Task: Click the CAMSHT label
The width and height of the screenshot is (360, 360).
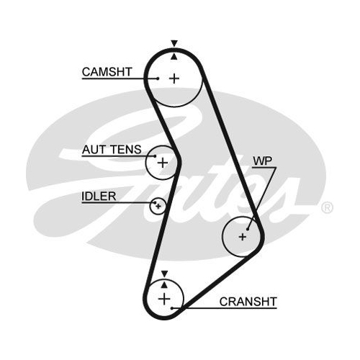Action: (107, 72)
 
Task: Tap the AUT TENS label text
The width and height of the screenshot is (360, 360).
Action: (112, 150)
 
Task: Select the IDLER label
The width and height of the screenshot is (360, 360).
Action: (99, 197)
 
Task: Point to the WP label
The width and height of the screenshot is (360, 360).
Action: (263, 161)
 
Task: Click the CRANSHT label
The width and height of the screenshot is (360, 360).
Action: (248, 302)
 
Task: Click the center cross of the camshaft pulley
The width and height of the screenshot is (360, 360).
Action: (174, 78)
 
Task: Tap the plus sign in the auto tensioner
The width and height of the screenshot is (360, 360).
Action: (163, 163)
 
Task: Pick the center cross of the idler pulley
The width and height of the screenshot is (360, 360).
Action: (158, 206)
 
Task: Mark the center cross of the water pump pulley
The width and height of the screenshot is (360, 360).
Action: (243, 237)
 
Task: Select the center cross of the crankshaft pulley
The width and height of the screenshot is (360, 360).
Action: (164, 299)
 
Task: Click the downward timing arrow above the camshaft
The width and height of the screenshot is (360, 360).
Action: (174, 43)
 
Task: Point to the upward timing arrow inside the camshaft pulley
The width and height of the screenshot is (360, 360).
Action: (174, 57)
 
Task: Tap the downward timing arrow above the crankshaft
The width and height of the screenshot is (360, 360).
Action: (164, 274)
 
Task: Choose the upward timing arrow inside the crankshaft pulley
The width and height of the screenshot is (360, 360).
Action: (164, 284)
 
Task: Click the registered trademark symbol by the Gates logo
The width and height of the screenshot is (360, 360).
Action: (327, 207)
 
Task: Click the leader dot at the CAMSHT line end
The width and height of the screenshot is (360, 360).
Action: (158, 78)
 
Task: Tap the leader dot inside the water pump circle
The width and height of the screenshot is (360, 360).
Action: (248, 229)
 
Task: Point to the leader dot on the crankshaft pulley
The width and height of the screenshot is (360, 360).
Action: (172, 308)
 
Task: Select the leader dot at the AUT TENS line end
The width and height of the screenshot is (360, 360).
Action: (156, 156)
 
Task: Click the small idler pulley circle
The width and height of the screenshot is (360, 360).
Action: (150, 206)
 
